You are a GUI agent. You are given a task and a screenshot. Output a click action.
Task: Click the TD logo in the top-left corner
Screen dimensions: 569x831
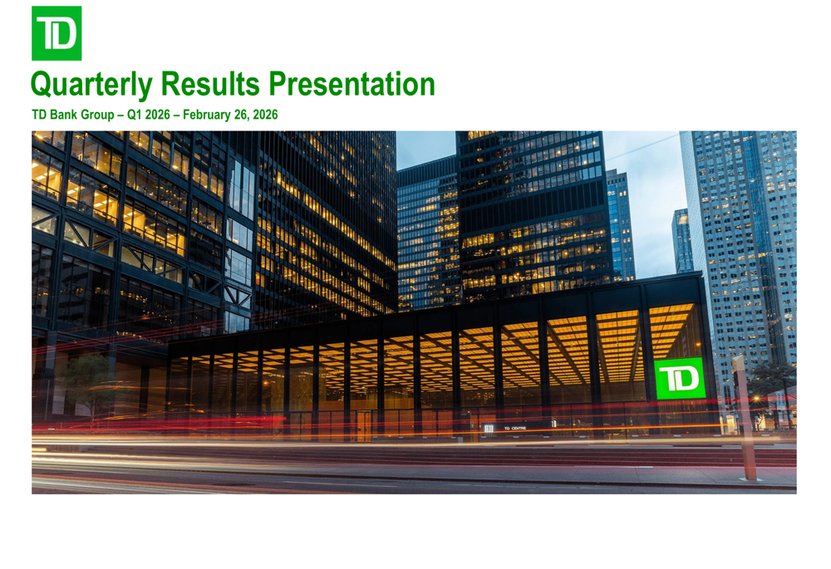click(x=57, y=33)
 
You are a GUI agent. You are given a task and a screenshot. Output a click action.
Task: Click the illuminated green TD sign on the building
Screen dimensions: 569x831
click(x=680, y=379)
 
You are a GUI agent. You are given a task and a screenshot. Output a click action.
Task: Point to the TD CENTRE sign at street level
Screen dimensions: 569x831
click(x=514, y=428)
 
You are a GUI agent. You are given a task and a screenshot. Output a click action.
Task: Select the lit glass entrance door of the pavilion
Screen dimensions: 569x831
click(x=364, y=424)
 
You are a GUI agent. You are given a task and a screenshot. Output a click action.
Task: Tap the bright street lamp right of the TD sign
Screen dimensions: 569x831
click(x=756, y=399)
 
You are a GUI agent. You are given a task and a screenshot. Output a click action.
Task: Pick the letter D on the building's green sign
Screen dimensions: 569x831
click(x=688, y=379)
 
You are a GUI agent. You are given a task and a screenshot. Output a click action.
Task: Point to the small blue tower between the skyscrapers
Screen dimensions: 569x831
click(x=681, y=241)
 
